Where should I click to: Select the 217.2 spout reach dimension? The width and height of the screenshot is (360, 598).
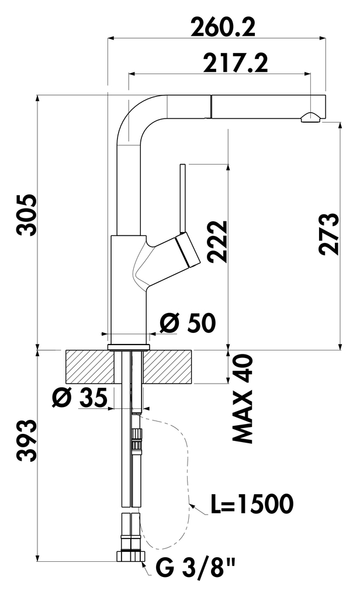(235, 62)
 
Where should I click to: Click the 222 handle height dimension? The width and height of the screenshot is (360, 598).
(216, 242)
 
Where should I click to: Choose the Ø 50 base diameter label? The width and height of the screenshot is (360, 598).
(188, 322)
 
